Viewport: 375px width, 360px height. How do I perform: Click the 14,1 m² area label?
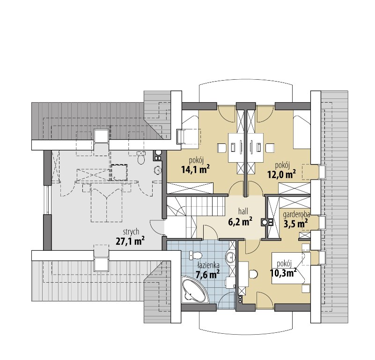coord(196,170)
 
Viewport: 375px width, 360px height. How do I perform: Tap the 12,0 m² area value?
coord(281,174)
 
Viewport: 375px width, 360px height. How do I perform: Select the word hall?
coord(243,211)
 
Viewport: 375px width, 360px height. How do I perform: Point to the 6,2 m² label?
coord(240,222)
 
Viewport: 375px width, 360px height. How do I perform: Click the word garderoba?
coord(296,214)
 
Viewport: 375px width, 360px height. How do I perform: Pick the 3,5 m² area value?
coord(295,224)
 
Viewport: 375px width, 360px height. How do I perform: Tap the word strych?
coord(131,232)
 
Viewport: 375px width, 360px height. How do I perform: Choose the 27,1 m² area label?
coord(130,241)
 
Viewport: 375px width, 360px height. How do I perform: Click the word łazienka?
coord(208,265)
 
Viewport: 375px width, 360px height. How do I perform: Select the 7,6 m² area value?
coord(207,275)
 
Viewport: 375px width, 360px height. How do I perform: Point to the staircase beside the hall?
coord(196,210)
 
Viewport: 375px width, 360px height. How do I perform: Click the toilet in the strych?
coord(141,158)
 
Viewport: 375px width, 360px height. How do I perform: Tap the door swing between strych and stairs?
coord(157,227)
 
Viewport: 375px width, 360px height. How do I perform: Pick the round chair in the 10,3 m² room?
coord(253,274)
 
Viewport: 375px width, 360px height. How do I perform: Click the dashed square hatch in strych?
coord(119,172)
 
